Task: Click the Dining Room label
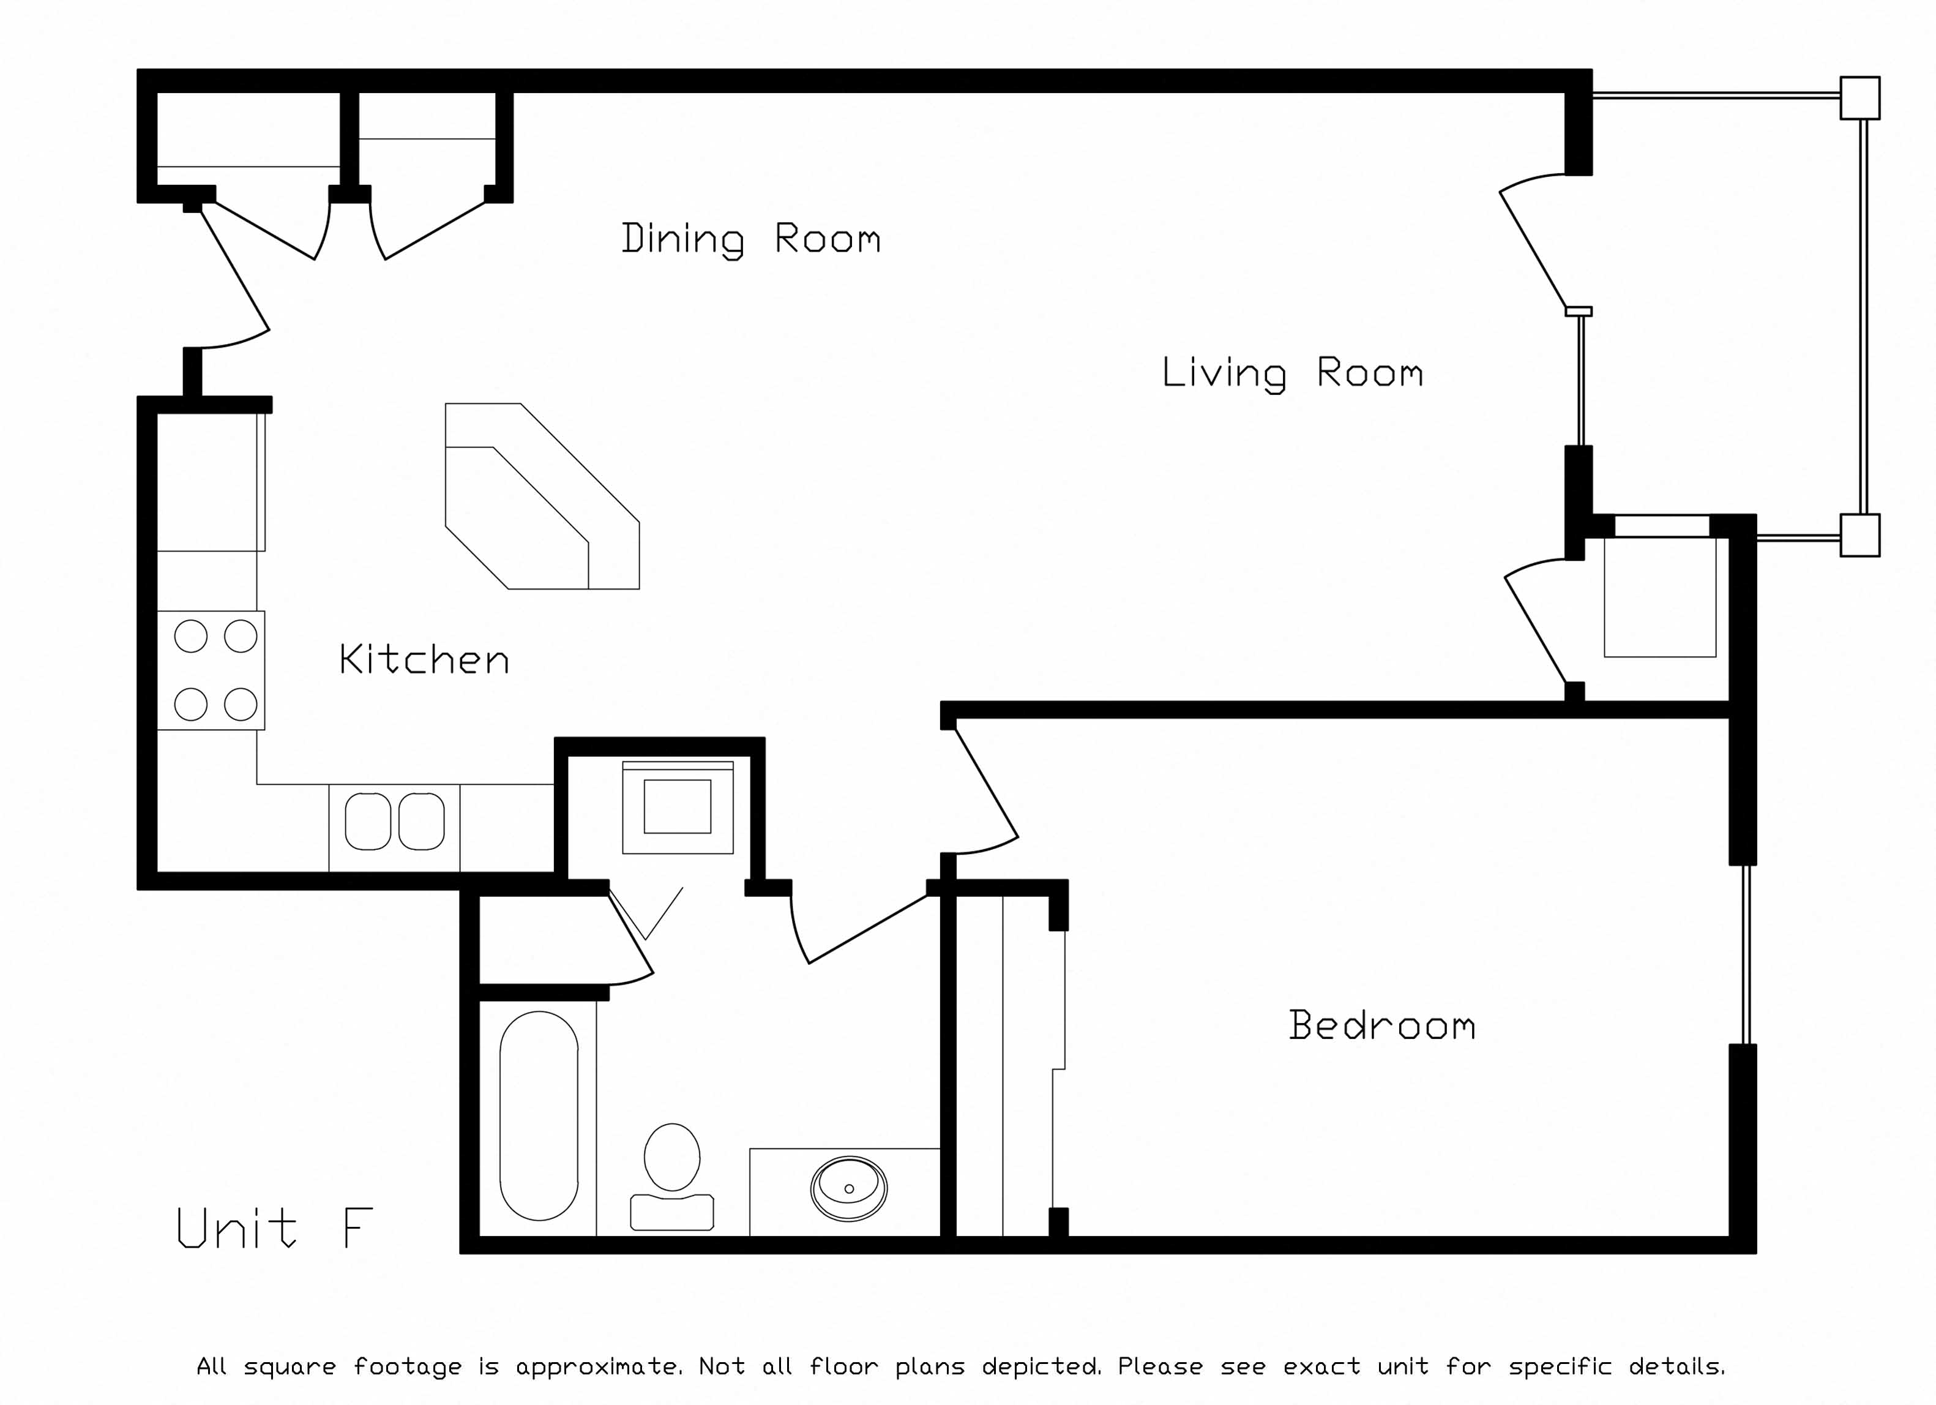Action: pyautogui.click(x=750, y=239)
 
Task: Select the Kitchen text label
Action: pyautogui.click(x=424, y=660)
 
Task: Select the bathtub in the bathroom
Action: pyautogui.click(x=539, y=1115)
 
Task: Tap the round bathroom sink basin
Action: pyautogui.click(x=848, y=1188)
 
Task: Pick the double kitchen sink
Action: pyautogui.click(x=394, y=822)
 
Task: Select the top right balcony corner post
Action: pyautogui.click(x=1859, y=98)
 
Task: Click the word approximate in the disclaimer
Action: pyautogui.click(x=597, y=1366)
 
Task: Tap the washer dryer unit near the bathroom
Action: pyautogui.click(x=678, y=807)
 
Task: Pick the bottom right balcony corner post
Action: pyautogui.click(x=1859, y=535)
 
